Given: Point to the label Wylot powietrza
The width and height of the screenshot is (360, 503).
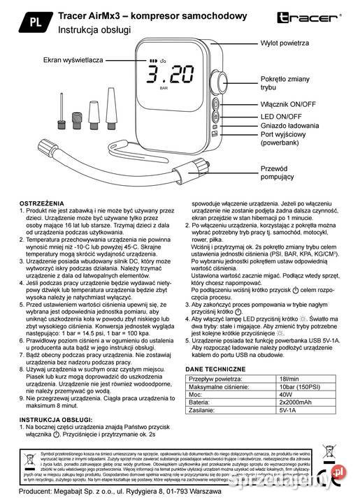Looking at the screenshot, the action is tap(285, 43).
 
